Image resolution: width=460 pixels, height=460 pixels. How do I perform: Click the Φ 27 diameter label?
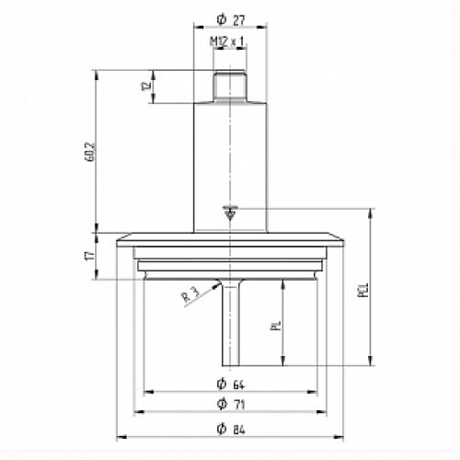tap(231, 20)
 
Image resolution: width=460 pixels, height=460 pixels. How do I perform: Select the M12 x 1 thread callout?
tap(228, 42)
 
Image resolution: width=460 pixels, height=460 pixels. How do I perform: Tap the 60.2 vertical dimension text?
tap(91, 152)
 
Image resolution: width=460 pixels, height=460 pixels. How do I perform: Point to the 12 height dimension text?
tap(147, 86)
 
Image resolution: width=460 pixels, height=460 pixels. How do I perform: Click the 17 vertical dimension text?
tap(89, 256)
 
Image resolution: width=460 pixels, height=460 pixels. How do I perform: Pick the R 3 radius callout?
tap(190, 294)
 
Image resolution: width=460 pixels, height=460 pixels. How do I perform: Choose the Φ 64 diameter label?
tap(231, 385)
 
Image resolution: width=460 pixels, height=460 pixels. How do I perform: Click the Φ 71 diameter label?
tap(231, 404)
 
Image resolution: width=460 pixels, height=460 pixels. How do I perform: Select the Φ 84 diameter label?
tap(231, 429)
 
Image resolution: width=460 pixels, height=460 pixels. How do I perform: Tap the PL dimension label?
tap(276, 326)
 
